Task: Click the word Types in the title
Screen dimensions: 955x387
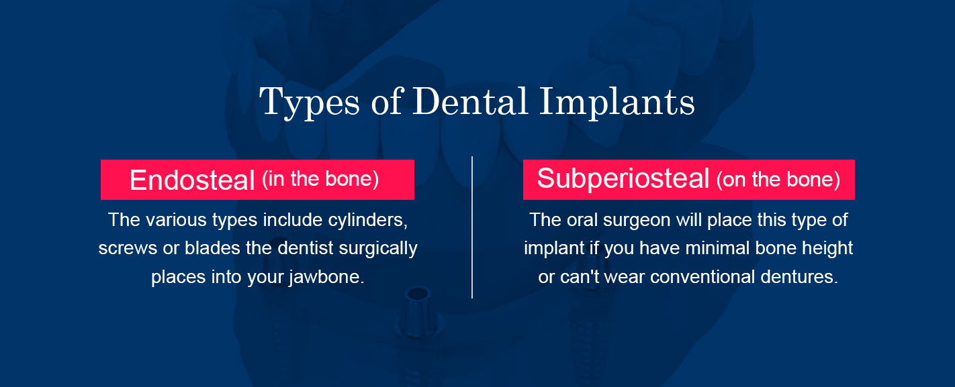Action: (x=310, y=103)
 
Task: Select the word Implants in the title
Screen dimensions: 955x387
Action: (x=617, y=103)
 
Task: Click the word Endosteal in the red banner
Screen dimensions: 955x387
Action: (x=192, y=180)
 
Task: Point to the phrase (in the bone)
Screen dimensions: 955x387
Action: (x=320, y=179)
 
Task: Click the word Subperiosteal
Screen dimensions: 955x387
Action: (x=623, y=179)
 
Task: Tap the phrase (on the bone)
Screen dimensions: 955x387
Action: (x=778, y=180)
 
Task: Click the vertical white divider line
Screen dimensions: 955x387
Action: (x=472, y=227)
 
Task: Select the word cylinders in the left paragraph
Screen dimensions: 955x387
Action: (x=367, y=220)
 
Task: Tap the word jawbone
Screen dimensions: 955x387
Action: (x=326, y=277)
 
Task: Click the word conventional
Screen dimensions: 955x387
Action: (x=702, y=277)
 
